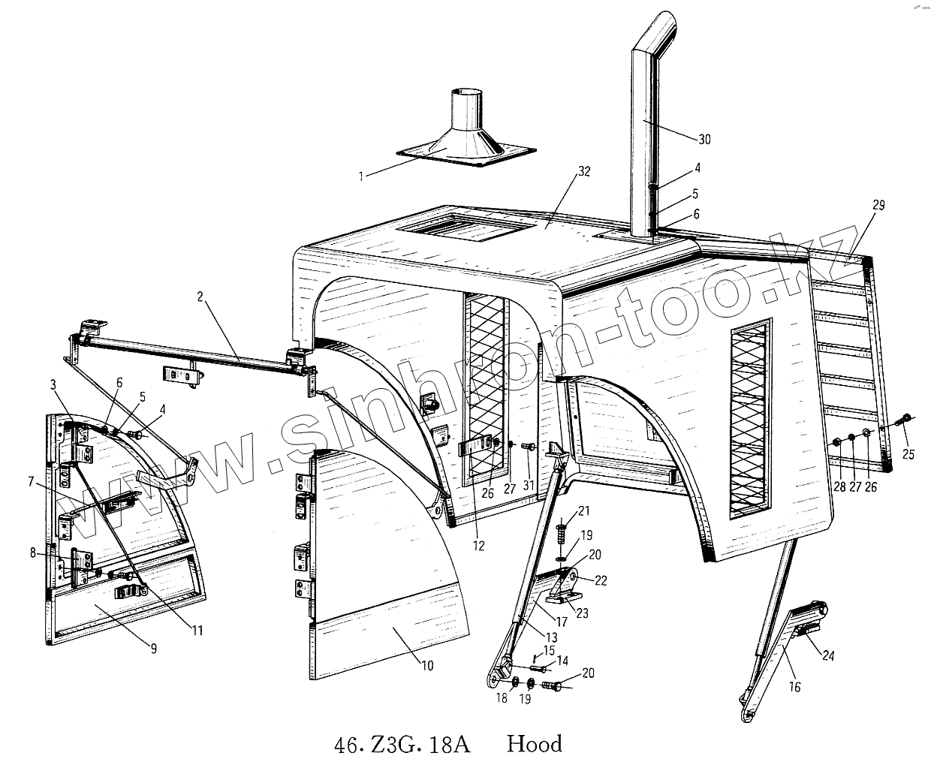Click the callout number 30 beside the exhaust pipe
point(704,140)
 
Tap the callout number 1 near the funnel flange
point(361,176)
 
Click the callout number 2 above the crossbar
point(200,297)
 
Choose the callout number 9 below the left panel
point(153,649)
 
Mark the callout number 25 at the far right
point(908,453)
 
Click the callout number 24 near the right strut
point(827,656)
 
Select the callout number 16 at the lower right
point(794,686)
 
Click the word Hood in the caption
point(534,744)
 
